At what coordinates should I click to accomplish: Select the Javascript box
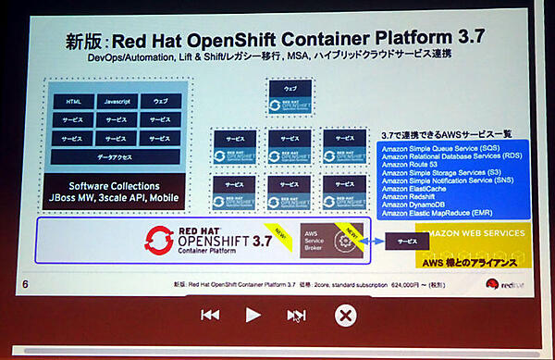(x=116, y=101)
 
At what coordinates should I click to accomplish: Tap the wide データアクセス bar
(x=115, y=157)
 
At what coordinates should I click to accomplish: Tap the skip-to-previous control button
(x=210, y=315)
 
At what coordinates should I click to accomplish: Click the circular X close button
(x=344, y=316)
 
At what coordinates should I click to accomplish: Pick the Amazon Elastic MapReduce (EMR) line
(x=442, y=214)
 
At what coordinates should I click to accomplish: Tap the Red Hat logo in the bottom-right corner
(x=507, y=286)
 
